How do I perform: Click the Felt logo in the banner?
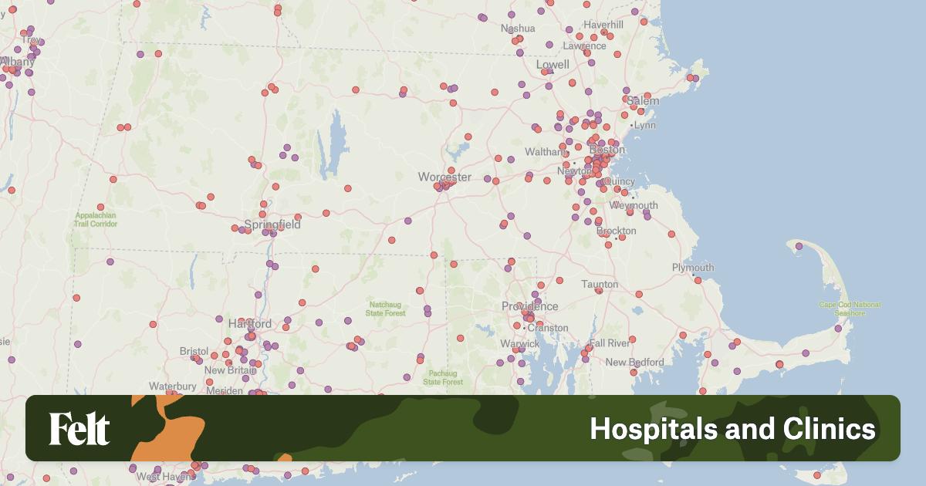tap(79, 429)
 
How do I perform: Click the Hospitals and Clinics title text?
tap(732, 429)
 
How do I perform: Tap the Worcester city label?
tap(444, 177)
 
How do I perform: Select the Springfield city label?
tap(272, 225)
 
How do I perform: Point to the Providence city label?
tap(529, 306)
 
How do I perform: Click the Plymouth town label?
tap(692, 268)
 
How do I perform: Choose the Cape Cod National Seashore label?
tap(849, 309)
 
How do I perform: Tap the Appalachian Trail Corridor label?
tap(96, 220)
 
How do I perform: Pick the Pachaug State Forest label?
tap(443, 377)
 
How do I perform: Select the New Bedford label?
tap(634, 362)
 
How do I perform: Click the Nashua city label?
tap(518, 29)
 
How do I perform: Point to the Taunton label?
tap(600, 284)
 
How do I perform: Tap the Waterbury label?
tap(174, 386)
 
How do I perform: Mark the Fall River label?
tap(609, 343)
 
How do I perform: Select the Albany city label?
tap(17, 62)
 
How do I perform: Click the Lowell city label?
tap(552, 65)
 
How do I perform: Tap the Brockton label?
tap(617, 231)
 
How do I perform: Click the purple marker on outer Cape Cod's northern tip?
tap(799, 246)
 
